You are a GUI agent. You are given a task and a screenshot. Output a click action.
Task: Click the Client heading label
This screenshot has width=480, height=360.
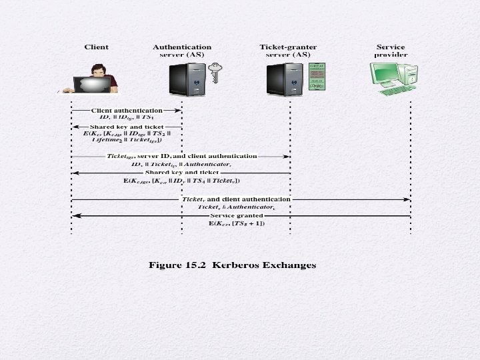(x=96, y=47)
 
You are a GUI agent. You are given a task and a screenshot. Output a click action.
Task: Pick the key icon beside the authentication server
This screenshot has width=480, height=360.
(x=215, y=72)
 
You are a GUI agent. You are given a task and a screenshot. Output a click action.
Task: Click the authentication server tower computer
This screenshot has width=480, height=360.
(x=187, y=78)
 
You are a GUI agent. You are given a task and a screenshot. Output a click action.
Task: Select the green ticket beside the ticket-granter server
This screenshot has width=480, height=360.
(x=317, y=77)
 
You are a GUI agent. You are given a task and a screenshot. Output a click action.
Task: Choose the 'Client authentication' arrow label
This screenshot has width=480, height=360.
(x=127, y=110)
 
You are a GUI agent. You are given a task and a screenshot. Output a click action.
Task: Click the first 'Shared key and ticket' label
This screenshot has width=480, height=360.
(x=126, y=126)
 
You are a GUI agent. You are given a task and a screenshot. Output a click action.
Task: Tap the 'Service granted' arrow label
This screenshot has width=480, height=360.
(x=236, y=215)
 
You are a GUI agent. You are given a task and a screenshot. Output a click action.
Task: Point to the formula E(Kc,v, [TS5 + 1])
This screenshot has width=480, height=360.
(x=237, y=223)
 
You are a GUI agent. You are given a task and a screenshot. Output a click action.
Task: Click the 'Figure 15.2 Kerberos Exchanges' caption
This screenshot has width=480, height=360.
(x=231, y=265)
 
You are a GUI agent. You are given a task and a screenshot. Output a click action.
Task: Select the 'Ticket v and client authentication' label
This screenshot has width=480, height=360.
(x=235, y=199)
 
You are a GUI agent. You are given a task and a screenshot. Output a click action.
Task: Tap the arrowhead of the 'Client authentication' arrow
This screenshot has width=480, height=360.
(x=178, y=110)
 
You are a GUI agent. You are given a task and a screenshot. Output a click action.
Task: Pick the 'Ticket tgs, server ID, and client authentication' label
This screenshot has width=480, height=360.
(x=181, y=156)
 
